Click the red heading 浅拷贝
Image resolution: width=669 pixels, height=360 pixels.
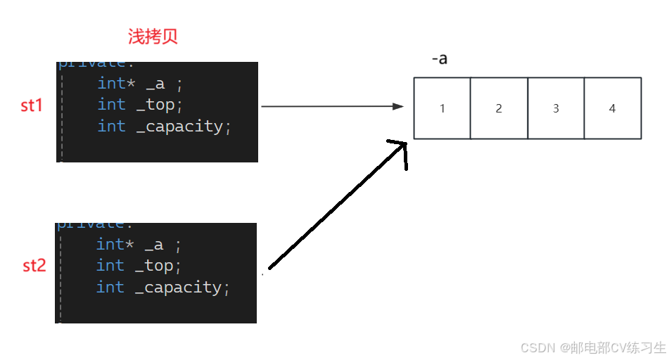153,37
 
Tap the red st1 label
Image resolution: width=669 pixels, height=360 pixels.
32,105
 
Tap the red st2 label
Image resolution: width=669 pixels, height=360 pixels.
34,266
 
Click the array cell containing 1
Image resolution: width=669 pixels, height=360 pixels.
442,108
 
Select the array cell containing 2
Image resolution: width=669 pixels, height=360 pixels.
499,108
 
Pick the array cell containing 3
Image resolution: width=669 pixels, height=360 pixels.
556,108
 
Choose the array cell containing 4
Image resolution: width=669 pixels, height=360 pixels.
612,108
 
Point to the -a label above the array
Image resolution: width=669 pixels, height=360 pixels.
439,59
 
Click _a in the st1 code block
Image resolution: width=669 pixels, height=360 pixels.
155,83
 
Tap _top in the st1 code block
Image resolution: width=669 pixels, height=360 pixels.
159,105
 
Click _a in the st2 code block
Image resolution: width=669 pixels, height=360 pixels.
153,244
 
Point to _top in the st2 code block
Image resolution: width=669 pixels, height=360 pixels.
158,266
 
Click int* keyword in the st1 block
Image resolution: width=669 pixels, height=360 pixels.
111,83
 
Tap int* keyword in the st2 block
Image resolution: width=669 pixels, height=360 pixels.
110,244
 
